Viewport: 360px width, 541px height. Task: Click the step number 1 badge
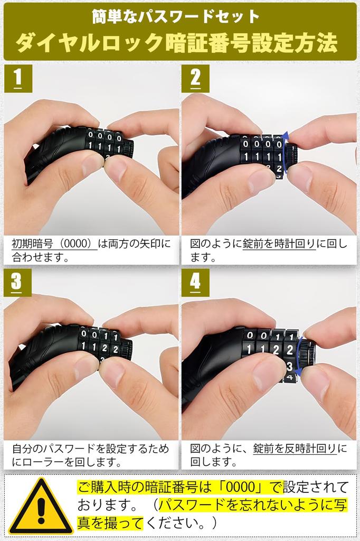tap(18, 78)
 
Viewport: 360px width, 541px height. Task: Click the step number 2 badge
tap(195, 78)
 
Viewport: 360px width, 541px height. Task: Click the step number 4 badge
tap(195, 282)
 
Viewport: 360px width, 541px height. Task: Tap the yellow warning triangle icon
tap(41, 508)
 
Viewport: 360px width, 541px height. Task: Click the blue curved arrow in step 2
tap(286, 153)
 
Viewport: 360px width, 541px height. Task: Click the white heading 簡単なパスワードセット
tap(176, 16)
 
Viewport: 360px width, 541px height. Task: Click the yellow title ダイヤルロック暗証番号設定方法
tap(176, 44)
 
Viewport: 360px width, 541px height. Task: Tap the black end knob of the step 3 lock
tap(126, 349)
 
